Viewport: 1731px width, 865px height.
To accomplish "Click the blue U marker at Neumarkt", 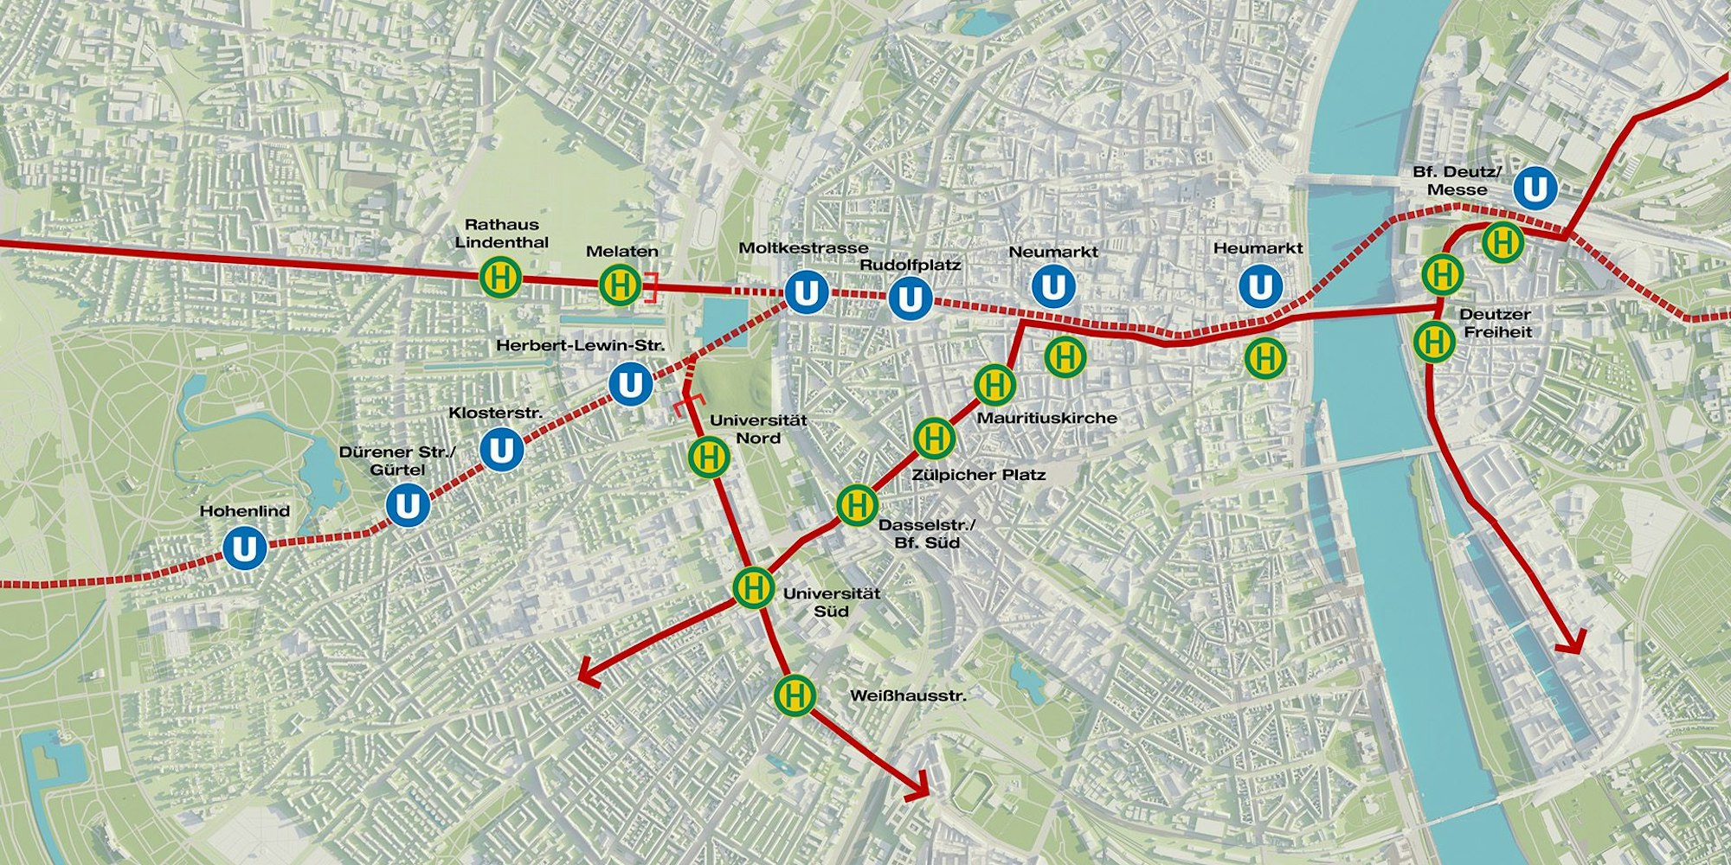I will pos(1052,287).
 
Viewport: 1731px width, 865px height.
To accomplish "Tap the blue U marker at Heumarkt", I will pos(1260,287).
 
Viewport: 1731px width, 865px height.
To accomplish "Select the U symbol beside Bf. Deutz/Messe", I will pos(1535,189).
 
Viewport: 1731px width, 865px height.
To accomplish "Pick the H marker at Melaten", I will pos(621,285).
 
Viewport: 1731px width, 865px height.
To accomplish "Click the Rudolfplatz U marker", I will pos(910,299).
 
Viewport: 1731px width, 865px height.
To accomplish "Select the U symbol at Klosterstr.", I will pos(501,451).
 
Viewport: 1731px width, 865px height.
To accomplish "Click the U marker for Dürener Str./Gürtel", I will pos(408,506).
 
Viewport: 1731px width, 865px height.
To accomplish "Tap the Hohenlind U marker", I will pos(244,549).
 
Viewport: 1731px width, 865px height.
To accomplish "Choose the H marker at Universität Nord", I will pos(709,456).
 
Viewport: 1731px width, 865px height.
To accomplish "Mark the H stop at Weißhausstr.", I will pos(795,695).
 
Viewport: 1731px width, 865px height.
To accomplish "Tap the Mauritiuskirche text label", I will pos(1046,418).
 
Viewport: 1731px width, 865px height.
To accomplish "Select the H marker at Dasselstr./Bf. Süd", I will pos(857,504).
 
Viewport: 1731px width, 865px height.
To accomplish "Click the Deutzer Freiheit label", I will pos(1495,323).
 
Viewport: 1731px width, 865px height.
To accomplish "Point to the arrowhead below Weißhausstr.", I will pos(919,788).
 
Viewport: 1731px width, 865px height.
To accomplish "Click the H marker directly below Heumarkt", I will pos(1265,357).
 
